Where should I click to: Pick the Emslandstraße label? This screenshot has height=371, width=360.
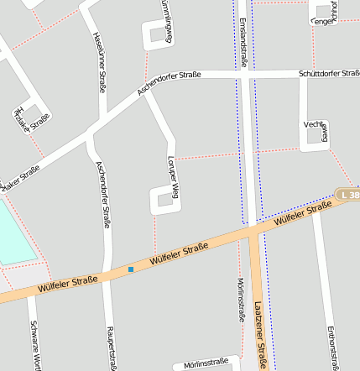[x=243, y=42]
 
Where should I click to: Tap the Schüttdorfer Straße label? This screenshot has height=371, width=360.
[x=329, y=74]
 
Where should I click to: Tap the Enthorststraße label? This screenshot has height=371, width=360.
[x=334, y=342]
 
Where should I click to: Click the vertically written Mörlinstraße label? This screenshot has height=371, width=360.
[x=241, y=300]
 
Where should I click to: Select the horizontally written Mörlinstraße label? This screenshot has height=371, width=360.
[x=201, y=363]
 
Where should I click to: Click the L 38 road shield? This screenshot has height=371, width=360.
[x=348, y=195]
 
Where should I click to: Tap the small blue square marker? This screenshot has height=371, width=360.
[x=131, y=269]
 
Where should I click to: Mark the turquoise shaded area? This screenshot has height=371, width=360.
[x=13, y=235]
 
